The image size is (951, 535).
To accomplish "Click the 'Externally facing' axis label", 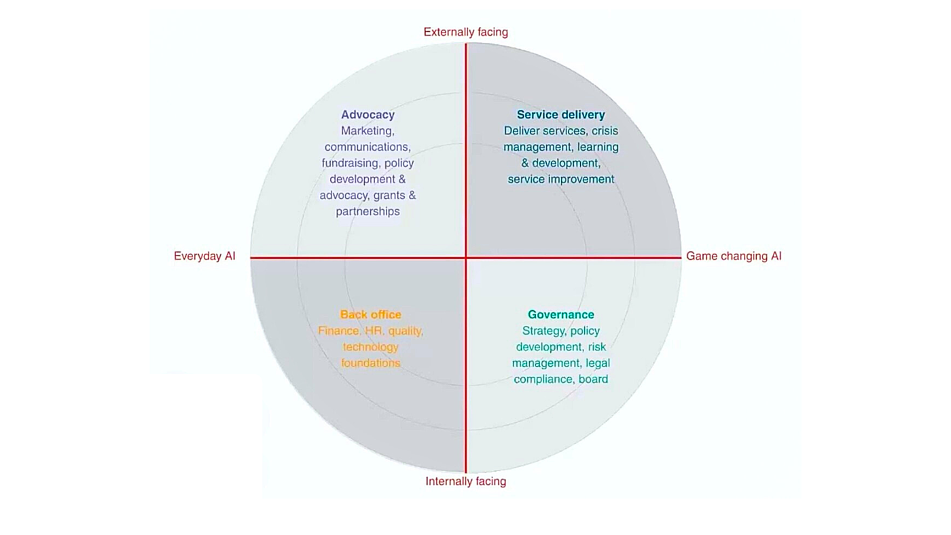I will [x=465, y=32].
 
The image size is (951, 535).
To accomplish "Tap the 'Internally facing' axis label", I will [x=465, y=481].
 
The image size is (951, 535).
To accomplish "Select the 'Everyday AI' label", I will [x=204, y=256].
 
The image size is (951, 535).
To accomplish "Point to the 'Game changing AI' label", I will [x=734, y=256].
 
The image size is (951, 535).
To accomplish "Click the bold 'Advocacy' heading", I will [x=367, y=115].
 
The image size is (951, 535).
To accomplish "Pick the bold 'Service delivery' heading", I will [x=560, y=115].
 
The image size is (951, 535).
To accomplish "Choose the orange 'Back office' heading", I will [x=370, y=314].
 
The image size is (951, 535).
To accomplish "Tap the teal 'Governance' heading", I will [x=560, y=314].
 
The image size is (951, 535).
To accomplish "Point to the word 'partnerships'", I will [x=367, y=211].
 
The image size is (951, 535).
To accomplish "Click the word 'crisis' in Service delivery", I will [x=605, y=130].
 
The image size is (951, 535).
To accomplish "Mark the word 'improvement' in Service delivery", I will [x=584, y=179].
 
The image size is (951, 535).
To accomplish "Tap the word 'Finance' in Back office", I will [x=338, y=331].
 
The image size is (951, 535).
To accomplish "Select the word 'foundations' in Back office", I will [x=370, y=363].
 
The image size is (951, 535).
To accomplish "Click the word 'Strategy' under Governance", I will [x=543, y=331].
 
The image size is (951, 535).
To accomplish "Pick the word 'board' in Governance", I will [x=593, y=379].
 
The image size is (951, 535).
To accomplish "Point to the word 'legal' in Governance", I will [x=598, y=363].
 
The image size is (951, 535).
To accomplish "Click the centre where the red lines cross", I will [x=465, y=257].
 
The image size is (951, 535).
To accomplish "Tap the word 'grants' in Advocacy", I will [x=389, y=196].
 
